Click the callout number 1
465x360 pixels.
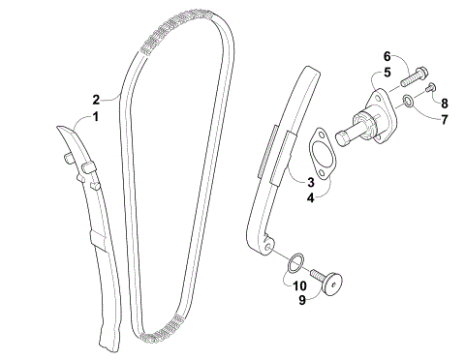[96, 117]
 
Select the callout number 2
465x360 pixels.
[96, 99]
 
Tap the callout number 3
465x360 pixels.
[312, 181]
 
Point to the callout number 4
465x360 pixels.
[312, 197]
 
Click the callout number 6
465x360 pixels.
[386, 56]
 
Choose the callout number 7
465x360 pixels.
[444, 119]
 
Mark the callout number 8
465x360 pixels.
[444, 102]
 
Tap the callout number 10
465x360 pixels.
[299, 285]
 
